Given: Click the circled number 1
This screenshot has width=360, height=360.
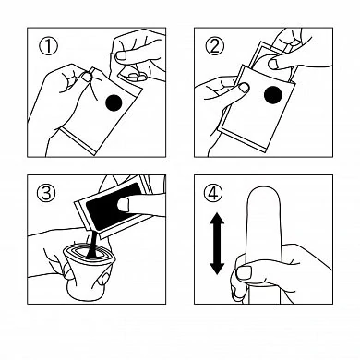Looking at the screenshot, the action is pos(48,46).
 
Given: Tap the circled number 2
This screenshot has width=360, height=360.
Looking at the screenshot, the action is pos(215,46).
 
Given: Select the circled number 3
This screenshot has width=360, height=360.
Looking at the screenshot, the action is pos(46,193).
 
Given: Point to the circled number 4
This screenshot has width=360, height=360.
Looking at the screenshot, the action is pos(213,193).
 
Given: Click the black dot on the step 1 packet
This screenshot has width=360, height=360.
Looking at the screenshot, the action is pos(114,102).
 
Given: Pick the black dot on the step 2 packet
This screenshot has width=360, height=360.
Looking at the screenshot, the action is pos(273,95).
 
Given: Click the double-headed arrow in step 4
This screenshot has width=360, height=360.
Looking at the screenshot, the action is pos(217,243).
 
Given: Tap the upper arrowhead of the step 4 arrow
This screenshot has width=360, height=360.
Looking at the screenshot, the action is pos(217,219).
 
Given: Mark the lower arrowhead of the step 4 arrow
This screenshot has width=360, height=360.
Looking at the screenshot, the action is pos(217,268).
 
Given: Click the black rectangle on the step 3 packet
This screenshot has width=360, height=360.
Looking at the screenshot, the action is pos(113,206).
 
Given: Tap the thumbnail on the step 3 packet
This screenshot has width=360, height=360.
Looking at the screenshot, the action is pos(124,205).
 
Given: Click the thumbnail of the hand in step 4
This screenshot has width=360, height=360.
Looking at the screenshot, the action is pos(244,273).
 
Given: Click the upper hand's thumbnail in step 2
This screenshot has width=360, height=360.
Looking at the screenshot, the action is pos(273,64).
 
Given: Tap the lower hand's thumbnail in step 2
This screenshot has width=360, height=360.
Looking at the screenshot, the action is pos(245,88).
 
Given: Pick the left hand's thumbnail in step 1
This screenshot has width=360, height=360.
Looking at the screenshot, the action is pos(87,77).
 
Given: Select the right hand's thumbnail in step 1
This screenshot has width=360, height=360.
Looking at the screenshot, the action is pos(121,55).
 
